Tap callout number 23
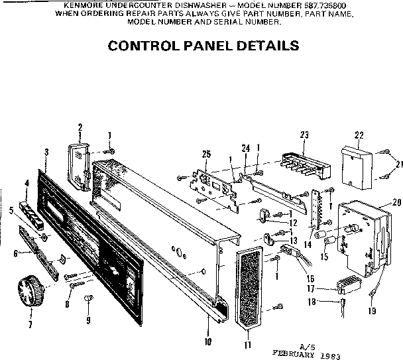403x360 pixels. coord(305,135)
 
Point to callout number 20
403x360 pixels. coord(397,202)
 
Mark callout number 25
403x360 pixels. coord(206,154)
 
